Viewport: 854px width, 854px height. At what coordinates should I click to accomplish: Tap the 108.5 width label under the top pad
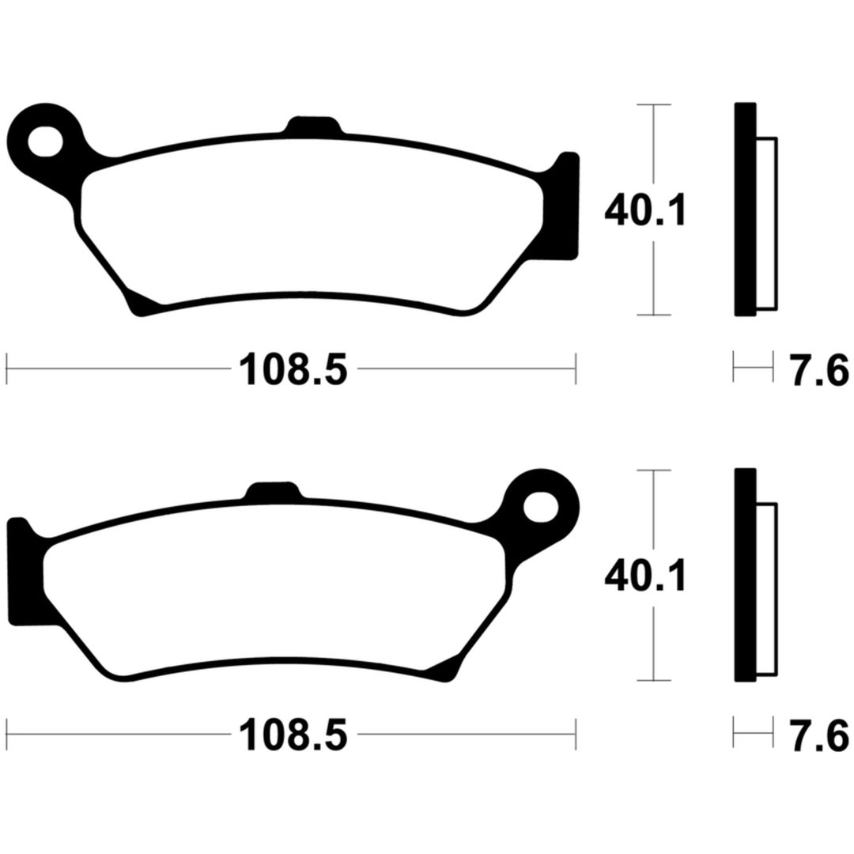[x=293, y=368]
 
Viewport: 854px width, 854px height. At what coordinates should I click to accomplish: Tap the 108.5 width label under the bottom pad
[x=293, y=734]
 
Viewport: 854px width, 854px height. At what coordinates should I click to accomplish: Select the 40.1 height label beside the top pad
[x=646, y=211]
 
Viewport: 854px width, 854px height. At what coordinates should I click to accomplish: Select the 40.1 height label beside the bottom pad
[x=646, y=576]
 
